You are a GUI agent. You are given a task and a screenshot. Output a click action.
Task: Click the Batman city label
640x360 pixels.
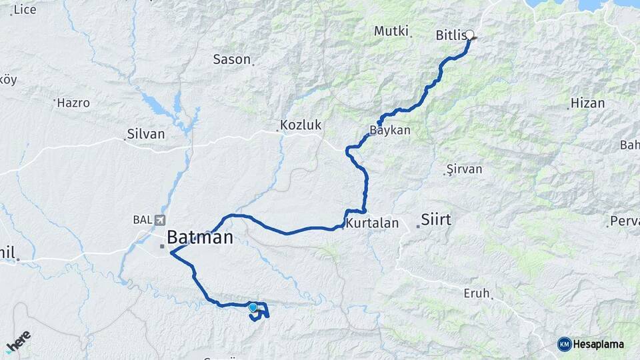click(x=199, y=237)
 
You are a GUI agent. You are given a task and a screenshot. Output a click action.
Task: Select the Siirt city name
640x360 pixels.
click(x=436, y=219)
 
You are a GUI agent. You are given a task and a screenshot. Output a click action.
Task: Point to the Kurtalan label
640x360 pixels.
click(x=372, y=223)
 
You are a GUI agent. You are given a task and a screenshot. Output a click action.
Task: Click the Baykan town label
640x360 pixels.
click(x=390, y=130)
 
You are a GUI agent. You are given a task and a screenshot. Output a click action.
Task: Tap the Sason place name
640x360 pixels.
click(x=231, y=59)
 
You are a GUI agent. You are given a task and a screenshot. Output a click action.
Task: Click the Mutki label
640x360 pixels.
click(x=391, y=31)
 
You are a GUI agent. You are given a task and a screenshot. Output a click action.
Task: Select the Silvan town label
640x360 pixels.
click(x=146, y=134)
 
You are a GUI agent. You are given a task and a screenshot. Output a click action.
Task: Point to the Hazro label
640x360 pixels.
click(x=73, y=103)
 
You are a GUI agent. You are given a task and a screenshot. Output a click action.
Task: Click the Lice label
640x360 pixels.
click(x=25, y=9)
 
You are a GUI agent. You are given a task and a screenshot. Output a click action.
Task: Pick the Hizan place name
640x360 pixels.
click(x=588, y=103)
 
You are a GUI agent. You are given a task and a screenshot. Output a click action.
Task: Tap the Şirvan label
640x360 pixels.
click(x=464, y=169)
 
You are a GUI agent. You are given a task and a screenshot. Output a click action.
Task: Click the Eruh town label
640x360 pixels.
click(x=477, y=293)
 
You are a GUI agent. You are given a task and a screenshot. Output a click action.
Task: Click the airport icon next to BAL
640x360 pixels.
click(x=159, y=220)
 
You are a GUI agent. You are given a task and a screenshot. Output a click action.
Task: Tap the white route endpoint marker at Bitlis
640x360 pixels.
click(x=469, y=35)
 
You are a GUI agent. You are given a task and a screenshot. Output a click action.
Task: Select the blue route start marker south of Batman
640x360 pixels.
click(x=253, y=307)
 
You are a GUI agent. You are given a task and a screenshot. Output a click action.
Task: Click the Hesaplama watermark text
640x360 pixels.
click(x=599, y=344)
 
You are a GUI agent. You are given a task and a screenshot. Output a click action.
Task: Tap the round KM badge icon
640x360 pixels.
click(x=564, y=344)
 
